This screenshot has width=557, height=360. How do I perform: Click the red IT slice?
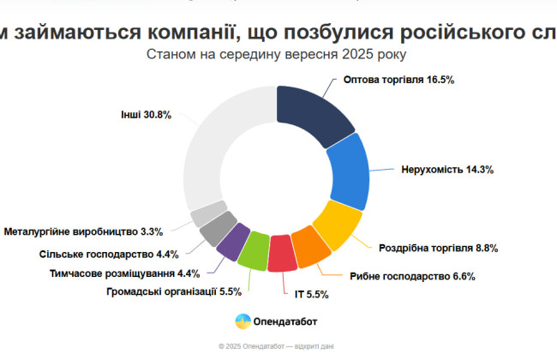pyautogui.click(x=282, y=254)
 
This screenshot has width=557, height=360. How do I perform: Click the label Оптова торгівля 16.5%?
pyautogui.click(x=398, y=79)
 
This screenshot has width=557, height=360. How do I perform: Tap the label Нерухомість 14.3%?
pyautogui.click(x=446, y=170)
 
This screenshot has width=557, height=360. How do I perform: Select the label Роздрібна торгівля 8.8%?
pyautogui.click(x=438, y=248)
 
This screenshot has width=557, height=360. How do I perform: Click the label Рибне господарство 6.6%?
pyautogui.click(x=412, y=276)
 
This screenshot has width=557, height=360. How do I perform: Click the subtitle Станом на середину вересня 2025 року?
pyautogui.click(x=277, y=54)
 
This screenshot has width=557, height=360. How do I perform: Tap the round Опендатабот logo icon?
pyautogui.click(x=243, y=321)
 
